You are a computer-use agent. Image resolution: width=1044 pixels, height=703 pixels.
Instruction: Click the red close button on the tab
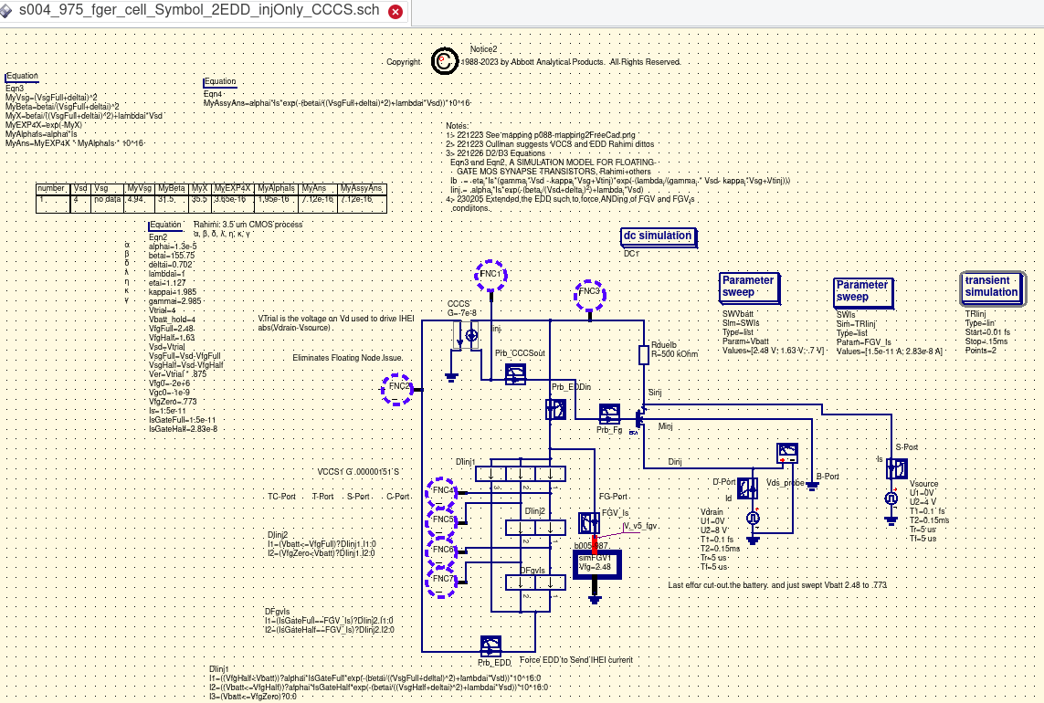pos(395,12)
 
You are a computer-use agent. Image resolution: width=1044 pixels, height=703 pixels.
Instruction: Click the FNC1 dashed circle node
pos(490,275)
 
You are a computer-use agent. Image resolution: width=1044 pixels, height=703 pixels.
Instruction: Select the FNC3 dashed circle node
pos(590,292)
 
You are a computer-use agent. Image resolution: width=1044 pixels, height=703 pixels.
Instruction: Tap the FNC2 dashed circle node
pos(399,388)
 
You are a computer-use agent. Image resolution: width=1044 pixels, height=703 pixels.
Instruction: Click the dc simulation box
pos(657,237)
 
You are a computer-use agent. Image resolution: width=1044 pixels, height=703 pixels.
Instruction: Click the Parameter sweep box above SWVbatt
pos(748,287)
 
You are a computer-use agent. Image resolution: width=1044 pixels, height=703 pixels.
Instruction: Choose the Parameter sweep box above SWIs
pos(862,291)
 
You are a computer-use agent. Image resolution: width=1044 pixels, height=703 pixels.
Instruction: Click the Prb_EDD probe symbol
pos(490,645)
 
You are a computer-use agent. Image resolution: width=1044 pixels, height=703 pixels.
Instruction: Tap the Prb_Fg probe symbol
pos(609,415)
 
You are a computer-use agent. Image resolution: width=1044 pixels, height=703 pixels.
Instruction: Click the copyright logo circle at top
pos(443,60)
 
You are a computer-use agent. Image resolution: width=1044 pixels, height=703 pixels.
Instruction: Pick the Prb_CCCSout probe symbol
pos(516,372)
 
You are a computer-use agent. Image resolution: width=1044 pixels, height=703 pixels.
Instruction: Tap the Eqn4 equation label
pos(214,93)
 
